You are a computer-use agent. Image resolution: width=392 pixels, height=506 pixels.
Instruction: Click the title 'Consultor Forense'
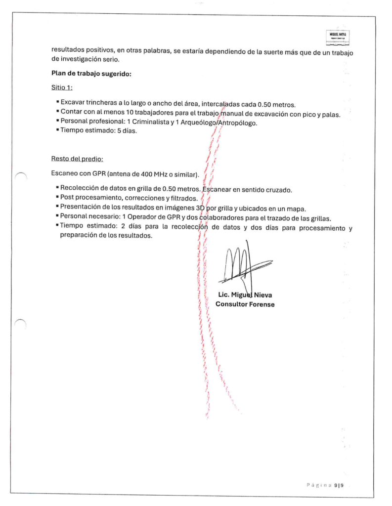click(245, 304)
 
